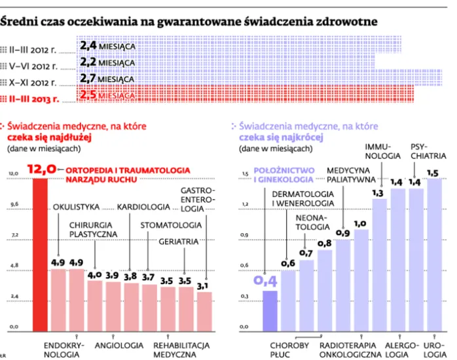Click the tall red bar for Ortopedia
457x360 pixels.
click(41, 255)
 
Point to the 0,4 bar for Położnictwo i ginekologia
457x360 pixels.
click(270, 310)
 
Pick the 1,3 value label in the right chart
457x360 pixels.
click(378, 193)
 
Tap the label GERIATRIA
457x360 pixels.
click(179, 241)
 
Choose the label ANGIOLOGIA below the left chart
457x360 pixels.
click(119, 345)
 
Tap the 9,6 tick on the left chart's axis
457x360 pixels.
click(14, 204)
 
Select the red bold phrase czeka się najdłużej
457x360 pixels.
click(49, 137)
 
